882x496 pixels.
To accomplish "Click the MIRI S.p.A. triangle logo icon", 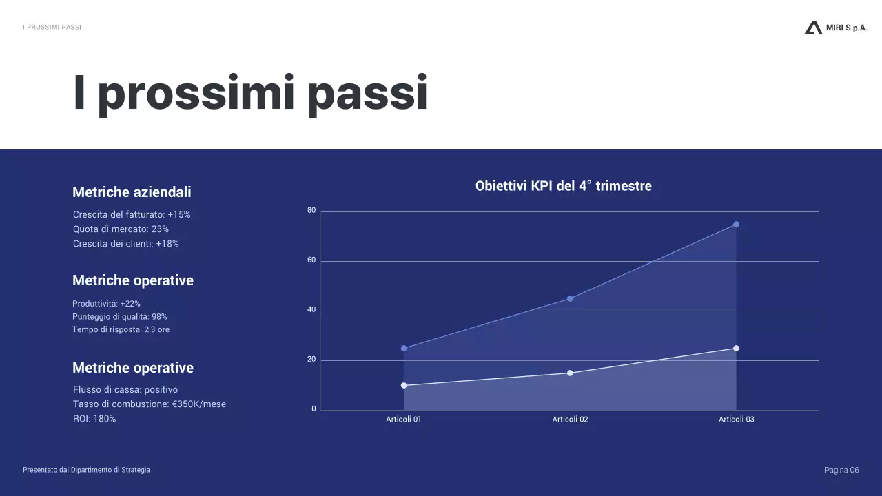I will (813, 28).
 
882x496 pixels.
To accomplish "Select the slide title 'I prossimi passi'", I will (250, 93).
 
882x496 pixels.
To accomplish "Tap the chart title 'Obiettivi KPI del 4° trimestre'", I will (563, 186).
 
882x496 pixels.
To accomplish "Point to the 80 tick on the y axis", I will (311, 211).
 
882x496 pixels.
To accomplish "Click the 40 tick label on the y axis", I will (311, 310).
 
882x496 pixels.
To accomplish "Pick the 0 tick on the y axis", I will (314, 409).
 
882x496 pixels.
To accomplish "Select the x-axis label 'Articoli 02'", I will (570, 420).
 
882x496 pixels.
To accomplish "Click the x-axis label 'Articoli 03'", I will (736, 420).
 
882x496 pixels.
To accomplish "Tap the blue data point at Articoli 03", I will (736, 225).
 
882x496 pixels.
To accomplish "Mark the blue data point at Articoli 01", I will (404, 349).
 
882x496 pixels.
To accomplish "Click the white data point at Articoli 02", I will (570, 373).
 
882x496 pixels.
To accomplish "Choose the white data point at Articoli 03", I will (736, 349).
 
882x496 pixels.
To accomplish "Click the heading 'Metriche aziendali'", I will (132, 192).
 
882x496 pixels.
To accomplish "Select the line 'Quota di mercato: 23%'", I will (121, 229).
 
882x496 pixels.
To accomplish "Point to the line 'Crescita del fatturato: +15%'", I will (132, 215).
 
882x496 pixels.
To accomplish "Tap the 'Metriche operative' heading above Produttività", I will (133, 280).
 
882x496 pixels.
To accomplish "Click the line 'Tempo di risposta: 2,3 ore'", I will (121, 330).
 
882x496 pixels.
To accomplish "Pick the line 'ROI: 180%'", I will (94, 419).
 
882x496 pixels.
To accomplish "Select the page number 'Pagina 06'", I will (841, 470).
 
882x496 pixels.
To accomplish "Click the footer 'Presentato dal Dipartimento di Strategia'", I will (86, 470).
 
